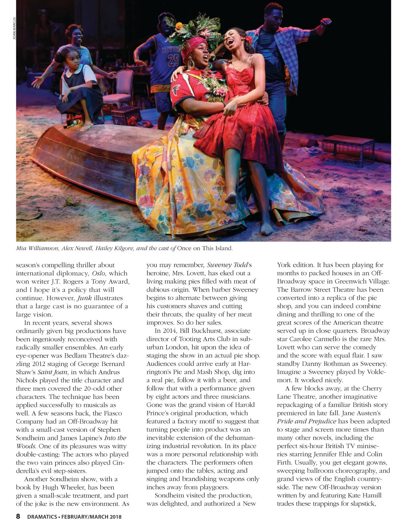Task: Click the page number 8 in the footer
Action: coord(18,517)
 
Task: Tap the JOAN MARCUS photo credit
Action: coord(14,28)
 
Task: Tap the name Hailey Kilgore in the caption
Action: coord(114,248)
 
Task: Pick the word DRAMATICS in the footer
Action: coord(42,517)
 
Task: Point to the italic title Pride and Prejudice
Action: coord(306,421)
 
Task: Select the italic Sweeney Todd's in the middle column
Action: coord(229,265)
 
